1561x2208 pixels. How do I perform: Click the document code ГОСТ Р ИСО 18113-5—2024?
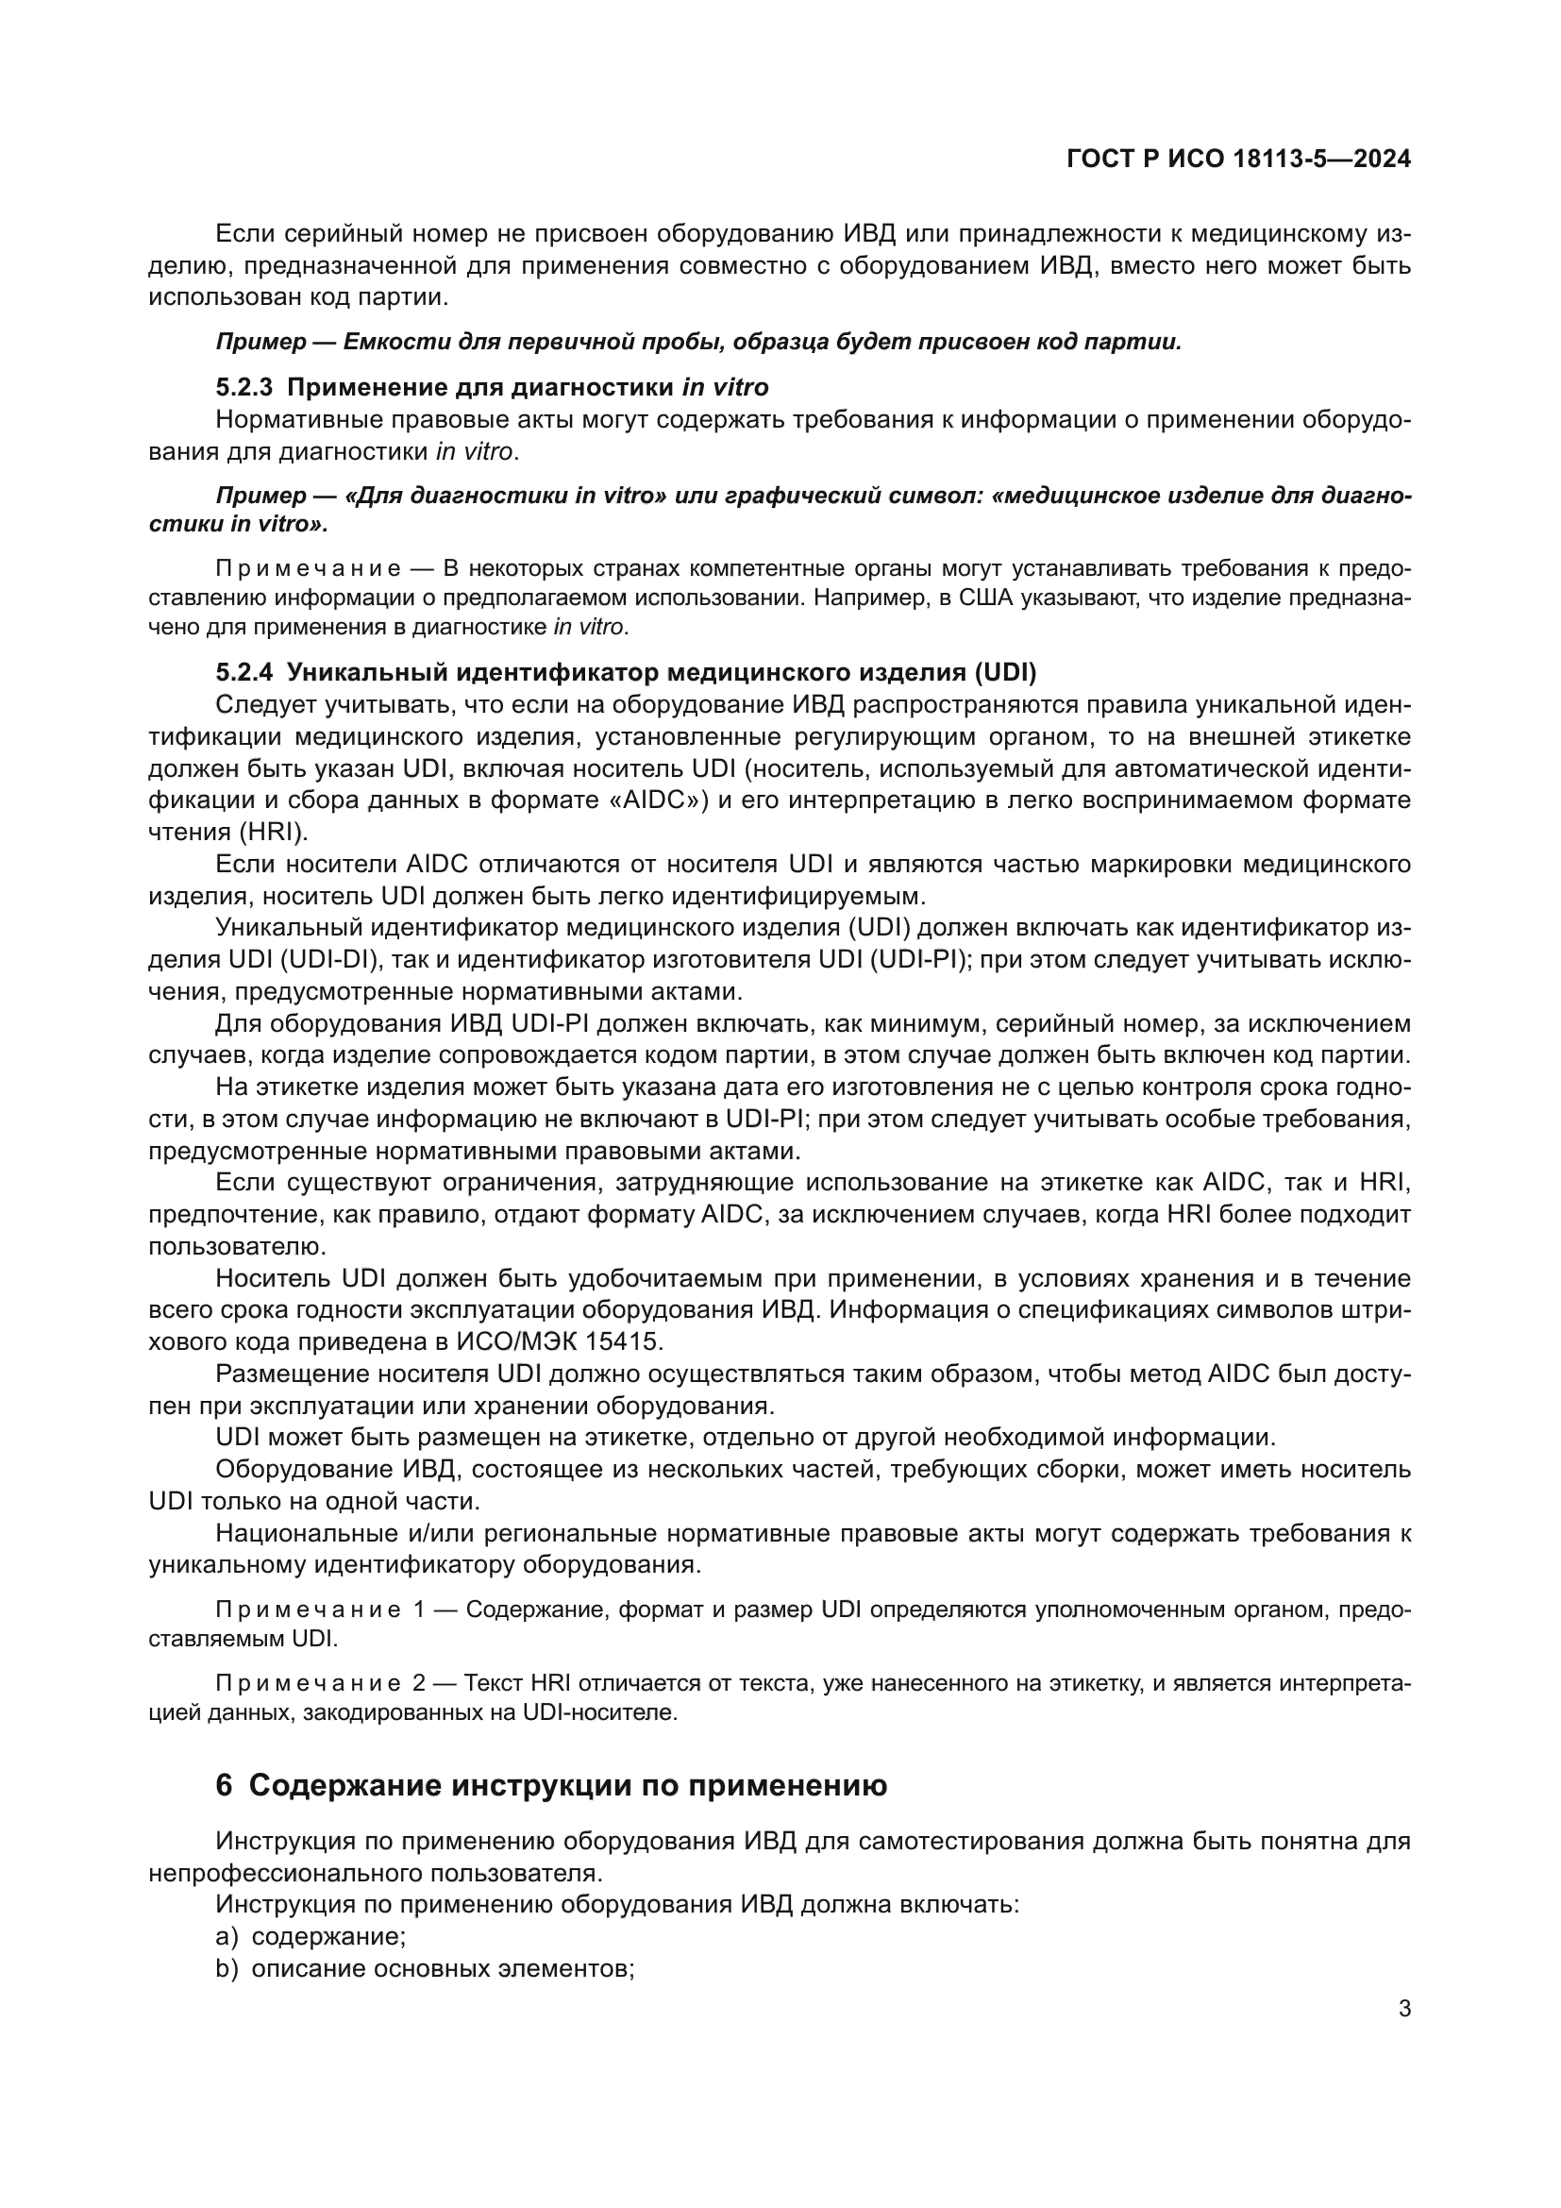[x=1238, y=160]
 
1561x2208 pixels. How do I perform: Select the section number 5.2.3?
[x=244, y=388]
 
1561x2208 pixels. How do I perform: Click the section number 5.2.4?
[x=244, y=671]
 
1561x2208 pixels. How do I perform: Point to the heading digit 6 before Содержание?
[x=224, y=1786]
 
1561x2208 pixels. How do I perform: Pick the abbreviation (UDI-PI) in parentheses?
[x=913, y=960]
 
